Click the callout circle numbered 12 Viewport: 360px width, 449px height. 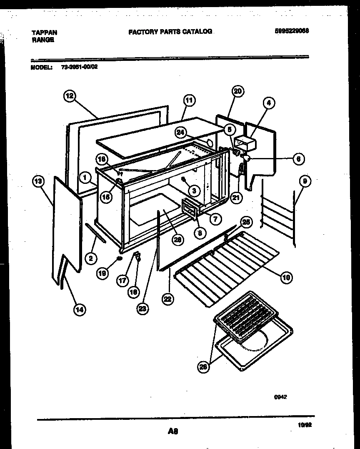69,96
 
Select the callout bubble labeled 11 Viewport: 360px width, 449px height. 189,100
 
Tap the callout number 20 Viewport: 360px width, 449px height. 238,91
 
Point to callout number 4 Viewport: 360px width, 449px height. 269,103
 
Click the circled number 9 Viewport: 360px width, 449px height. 305,181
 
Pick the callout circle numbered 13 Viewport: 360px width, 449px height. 38,181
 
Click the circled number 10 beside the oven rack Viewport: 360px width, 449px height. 286,276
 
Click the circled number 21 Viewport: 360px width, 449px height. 237,198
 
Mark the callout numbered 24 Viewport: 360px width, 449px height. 180,133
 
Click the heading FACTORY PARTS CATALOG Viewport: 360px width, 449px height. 170,31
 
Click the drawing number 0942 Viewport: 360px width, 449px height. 280,397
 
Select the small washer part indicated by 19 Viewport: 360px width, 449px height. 120,259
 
